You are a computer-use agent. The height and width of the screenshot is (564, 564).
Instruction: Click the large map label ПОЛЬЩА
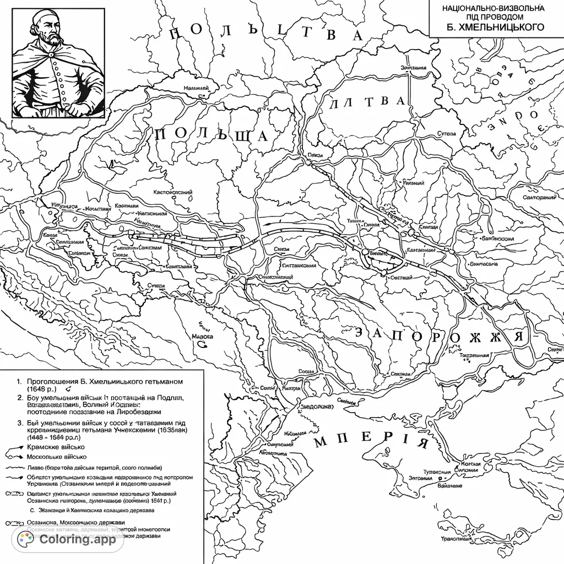pyautogui.click(x=212, y=135)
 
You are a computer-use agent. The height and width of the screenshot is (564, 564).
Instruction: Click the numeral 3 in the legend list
pyautogui.click(x=19, y=422)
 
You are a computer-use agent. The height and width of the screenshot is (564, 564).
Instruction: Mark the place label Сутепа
pyautogui.click(x=447, y=133)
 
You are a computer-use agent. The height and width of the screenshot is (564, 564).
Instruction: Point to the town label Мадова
pyautogui.click(x=202, y=335)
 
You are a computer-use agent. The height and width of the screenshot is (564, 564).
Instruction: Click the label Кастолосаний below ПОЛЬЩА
pyautogui.click(x=172, y=193)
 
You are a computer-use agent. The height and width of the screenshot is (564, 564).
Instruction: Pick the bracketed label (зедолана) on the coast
pyautogui.click(x=316, y=407)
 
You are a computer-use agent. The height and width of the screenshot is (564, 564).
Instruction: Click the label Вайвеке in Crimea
pyautogui.click(x=449, y=486)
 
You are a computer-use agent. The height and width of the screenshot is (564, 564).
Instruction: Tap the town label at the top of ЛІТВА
pyautogui.click(x=413, y=68)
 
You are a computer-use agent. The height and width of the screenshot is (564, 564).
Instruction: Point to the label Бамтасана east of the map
pyautogui.click(x=484, y=264)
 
